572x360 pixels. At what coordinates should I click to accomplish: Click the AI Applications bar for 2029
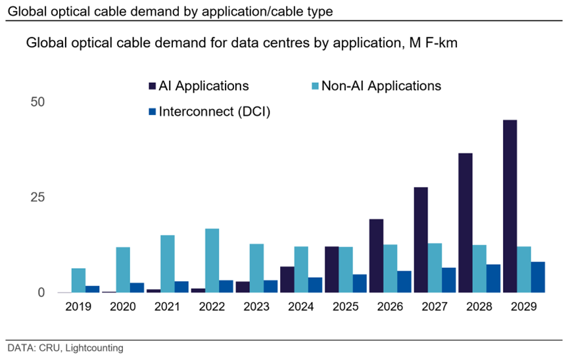[509, 206]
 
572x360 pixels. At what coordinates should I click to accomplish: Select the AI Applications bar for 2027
[421, 240]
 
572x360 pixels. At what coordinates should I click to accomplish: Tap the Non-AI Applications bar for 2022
[212, 260]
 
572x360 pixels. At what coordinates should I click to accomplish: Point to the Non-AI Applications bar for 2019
[79, 280]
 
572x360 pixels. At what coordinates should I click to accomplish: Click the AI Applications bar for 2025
[332, 269]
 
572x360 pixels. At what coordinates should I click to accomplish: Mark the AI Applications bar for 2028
[465, 223]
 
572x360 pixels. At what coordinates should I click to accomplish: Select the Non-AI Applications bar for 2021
[168, 263]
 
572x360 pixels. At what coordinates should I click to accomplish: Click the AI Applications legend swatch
[152, 86]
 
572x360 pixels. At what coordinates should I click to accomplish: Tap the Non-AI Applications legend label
[382, 86]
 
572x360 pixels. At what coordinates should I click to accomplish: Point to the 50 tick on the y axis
[37, 102]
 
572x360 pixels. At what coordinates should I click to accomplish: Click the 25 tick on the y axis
[37, 197]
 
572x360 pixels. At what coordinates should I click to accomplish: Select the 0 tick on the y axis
[41, 292]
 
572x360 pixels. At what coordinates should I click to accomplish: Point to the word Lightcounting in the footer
[98, 348]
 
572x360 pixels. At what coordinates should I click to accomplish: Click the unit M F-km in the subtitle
[435, 44]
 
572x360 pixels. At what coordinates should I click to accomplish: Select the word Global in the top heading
[24, 10]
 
